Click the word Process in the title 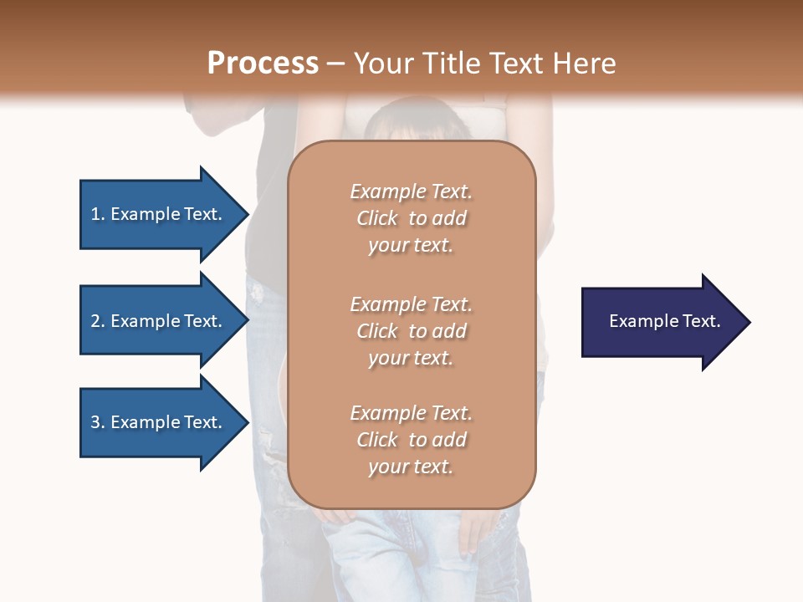click(263, 64)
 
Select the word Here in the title click(585, 64)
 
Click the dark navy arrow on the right click(661, 322)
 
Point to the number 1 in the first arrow click(95, 214)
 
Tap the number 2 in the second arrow click(95, 321)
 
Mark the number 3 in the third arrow click(95, 422)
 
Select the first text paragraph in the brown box click(411, 218)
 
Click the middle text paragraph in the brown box click(411, 331)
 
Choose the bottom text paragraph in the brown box click(411, 440)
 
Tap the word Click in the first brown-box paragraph click(377, 218)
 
